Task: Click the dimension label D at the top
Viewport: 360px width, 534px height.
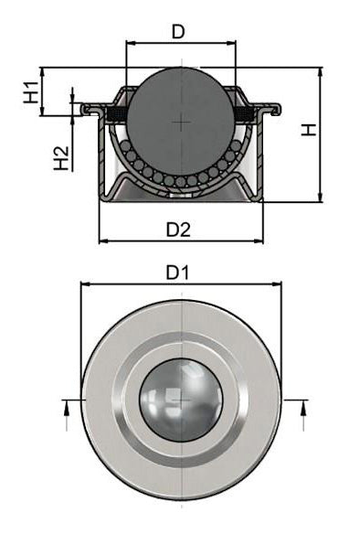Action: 178,32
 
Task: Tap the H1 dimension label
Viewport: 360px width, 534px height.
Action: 32,92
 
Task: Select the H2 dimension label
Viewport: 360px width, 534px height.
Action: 61,158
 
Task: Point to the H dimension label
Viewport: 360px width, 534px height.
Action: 309,130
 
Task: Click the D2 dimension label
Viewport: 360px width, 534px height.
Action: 178,230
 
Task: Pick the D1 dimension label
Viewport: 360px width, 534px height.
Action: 177,272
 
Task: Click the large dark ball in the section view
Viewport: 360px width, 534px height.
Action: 180,122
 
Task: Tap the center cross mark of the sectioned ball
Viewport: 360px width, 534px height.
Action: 180,122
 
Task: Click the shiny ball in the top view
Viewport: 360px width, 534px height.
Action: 181,400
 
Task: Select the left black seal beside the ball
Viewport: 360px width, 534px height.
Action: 117,114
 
